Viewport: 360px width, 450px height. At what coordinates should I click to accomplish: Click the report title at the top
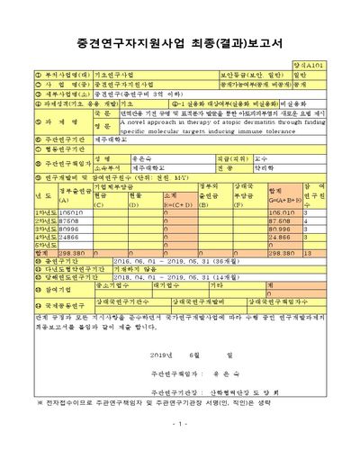click(x=180, y=41)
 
